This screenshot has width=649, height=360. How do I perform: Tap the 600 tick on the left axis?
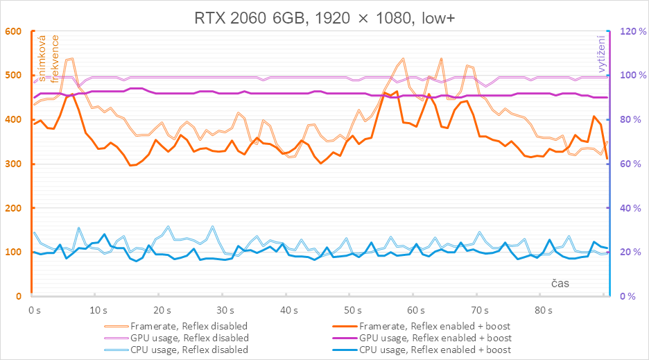[x=13, y=31]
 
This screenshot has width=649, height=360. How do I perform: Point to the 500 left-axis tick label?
[x=13, y=76]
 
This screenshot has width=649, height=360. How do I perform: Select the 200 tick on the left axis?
[x=13, y=208]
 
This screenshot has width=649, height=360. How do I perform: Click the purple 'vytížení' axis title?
[x=602, y=55]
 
